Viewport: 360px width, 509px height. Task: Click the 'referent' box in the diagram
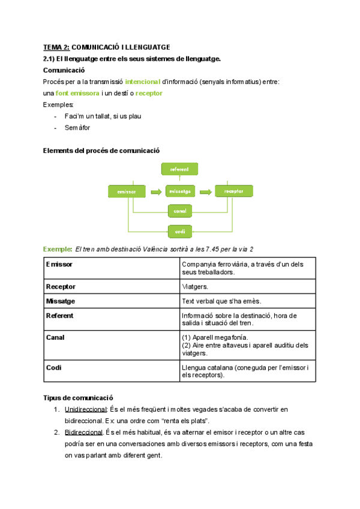tap(179, 170)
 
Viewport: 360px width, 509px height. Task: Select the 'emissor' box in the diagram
tap(127, 191)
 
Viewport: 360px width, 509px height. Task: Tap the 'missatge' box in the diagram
tap(180, 191)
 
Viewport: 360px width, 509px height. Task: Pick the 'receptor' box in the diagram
tap(233, 191)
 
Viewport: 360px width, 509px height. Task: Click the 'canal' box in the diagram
tap(179, 211)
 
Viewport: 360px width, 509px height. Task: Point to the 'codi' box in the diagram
tap(179, 231)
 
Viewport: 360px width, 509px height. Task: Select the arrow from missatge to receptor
tap(206, 191)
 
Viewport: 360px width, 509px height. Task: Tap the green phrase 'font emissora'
tap(77, 93)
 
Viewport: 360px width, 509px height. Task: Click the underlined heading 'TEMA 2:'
tap(56, 47)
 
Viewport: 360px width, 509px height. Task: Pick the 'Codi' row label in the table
tap(53, 367)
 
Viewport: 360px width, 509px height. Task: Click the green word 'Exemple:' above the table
tap(56, 248)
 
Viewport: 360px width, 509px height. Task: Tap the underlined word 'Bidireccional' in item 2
tap(83, 432)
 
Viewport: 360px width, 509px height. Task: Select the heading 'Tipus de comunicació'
tap(77, 397)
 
